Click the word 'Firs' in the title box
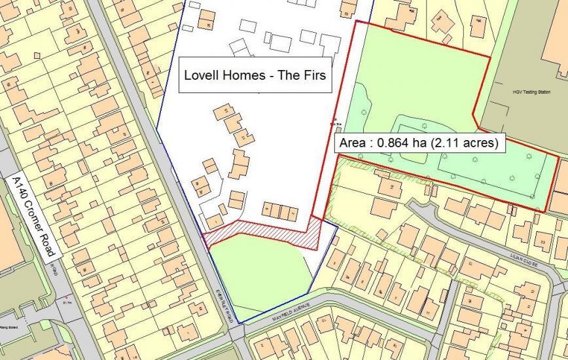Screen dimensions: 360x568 (x=314, y=76)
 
